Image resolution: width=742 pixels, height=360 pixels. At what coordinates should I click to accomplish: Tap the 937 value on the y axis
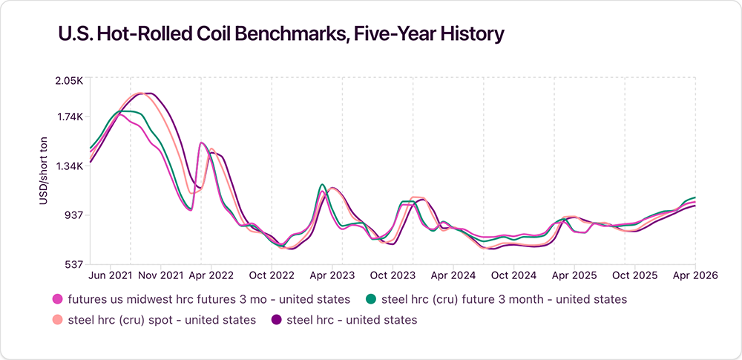(x=73, y=215)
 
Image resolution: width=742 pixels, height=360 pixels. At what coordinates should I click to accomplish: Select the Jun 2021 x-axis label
(x=111, y=275)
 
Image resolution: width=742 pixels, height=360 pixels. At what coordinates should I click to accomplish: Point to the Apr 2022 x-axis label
(x=211, y=275)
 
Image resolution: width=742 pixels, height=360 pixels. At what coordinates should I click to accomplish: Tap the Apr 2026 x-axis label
(x=695, y=275)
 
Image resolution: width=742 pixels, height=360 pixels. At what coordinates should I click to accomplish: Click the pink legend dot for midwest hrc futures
(x=57, y=300)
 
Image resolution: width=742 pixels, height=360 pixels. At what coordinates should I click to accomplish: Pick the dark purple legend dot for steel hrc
(x=276, y=320)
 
